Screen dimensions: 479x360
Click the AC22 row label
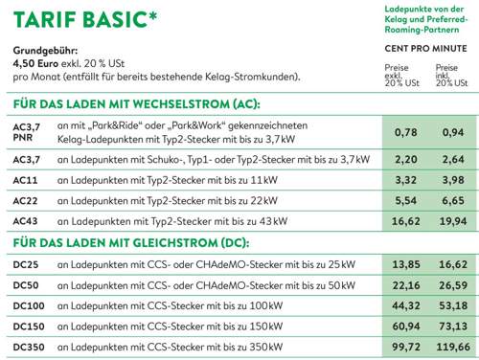tap(26, 200)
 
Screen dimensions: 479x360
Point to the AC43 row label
tap(26, 221)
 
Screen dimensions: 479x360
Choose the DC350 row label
tap(30, 348)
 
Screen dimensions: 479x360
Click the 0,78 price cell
tap(406, 132)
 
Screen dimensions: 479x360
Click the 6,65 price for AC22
tap(452, 200)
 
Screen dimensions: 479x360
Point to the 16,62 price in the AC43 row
tap(406, 221)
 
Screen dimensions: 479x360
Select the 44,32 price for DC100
tap(406, 305)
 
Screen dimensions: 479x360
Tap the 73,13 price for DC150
tap(452, 326)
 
